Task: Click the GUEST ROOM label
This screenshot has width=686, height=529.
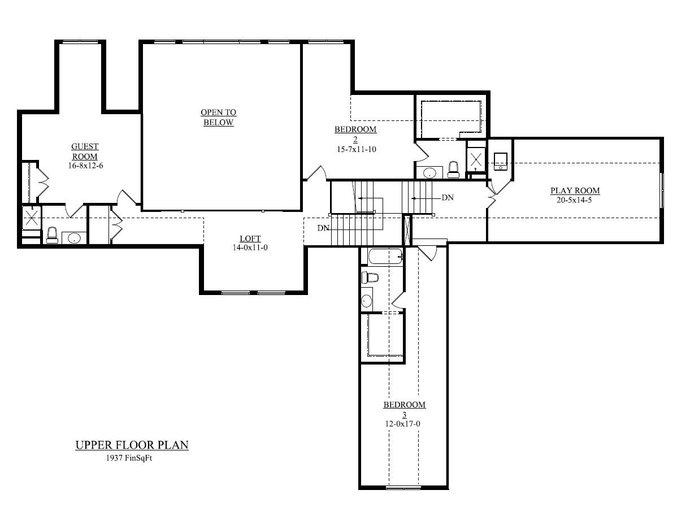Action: pyautogui.click(x=85, y=151)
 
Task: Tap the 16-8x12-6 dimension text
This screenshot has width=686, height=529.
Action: pyautogui.click(x=85, y=167)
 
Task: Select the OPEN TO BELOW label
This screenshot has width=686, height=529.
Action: pyautogui.click(x=219, y=118)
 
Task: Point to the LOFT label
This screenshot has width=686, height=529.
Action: pyautogui.click(x=250, y=239)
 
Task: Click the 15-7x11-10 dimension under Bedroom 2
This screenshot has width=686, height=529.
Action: pyautogui.click(x=355, y=149)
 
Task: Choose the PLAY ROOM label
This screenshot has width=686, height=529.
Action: pyautogui.click(x=575, y=190)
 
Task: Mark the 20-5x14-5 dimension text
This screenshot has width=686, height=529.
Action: pyautogui.click(x=574, y=200)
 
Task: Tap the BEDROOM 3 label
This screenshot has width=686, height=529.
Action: pyautogui.click(x=404, y=409)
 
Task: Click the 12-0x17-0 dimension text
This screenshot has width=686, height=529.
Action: pyautogui.click(x=403, y=423)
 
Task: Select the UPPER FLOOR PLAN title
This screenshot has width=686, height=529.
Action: pyautogui.click(x=132, y=445)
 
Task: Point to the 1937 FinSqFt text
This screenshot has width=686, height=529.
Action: pyautogui.click(x=129, y=458)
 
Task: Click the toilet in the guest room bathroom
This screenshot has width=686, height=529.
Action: pyautogui.click(x=52, y=235)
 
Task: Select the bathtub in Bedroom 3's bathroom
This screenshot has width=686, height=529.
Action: pyautogui.click(x=385, y=257)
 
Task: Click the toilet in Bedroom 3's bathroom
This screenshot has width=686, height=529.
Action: pyautogui.click(x=370, y=277)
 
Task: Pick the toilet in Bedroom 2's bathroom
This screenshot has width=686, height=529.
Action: pyautogui.click(x=453, y=169)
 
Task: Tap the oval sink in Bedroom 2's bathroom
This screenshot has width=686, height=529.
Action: pyautogui.click(x=430, y=172)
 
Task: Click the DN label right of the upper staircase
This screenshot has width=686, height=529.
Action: pyautogui.click(x=448, y=198)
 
